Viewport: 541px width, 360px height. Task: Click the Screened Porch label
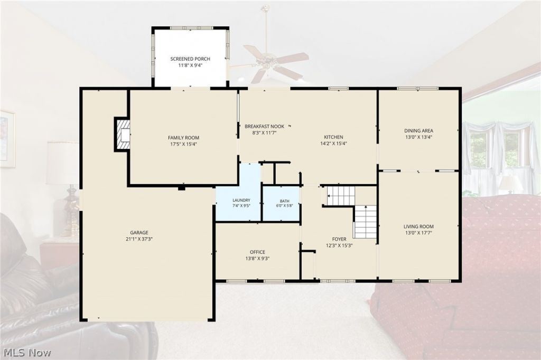tap(190, 59)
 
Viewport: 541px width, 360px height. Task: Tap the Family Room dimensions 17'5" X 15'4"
tap(183, 144)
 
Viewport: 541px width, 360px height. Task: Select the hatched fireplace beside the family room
tap(122, 134)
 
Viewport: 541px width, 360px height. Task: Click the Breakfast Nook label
tap(264, 127)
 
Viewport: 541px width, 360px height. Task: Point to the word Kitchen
tap(333, 137)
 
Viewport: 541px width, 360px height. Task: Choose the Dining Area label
tap(418, 131)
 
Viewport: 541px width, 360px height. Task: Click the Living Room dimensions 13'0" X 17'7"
tap(418, 233)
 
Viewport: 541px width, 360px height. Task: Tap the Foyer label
tap(339, 239)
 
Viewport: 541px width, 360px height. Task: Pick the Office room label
tap(257, 252)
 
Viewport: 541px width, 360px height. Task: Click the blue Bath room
tap(281, 203)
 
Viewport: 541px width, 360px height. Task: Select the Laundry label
tap(241, 201)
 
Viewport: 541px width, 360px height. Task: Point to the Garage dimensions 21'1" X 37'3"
tap(139, 239)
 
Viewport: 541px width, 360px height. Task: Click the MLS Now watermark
tap(27, 353)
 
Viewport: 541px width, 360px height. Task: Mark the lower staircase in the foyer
tap(366, 222)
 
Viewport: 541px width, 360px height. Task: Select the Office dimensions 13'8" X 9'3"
tap(257, 258)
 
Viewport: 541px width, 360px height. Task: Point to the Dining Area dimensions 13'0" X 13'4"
tap(418, 137)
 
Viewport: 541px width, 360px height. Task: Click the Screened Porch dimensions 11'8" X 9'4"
tap(190, 65)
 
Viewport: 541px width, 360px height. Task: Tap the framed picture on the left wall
tap(7, 139)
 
